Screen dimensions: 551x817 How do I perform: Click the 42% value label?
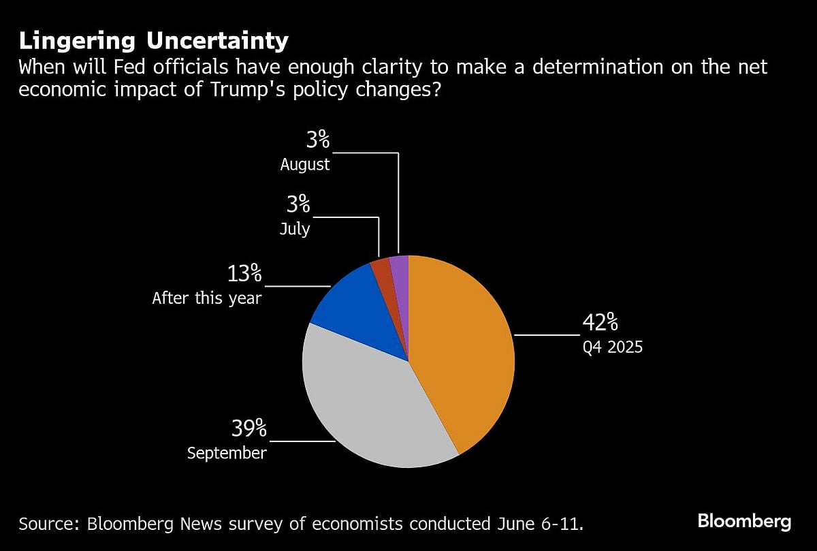click(x=600, y=322)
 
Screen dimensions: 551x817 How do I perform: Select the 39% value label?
click(x=248, y=428)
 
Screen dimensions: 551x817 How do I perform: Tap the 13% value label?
click(x=244, y=274)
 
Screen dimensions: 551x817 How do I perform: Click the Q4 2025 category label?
click(x=612, y=347)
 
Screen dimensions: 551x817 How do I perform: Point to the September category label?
click(x=227, y=453)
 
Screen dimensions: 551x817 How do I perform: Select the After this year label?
click(x=206, y=298)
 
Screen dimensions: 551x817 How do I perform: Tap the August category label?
click(x=305, y=164)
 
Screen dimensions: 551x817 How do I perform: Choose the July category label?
click(x=295, y=228)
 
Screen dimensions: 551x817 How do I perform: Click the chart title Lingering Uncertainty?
click(x=153, y=41)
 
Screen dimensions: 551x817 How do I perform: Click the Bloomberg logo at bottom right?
click(x=744, y=522)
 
